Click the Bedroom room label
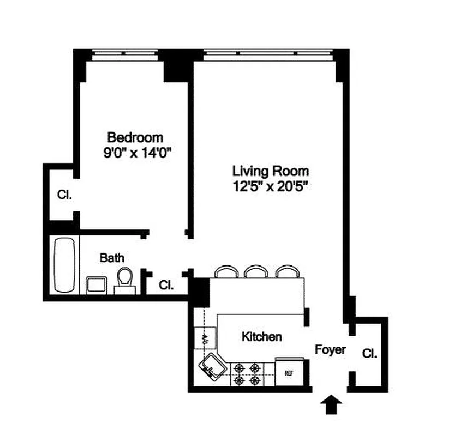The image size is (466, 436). click(135, 137)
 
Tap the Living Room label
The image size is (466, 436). click(271, 171)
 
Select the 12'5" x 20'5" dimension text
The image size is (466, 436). click(271, 186)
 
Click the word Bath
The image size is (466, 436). click(111, 257)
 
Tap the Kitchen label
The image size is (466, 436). click(262, 336)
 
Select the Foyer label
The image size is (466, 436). click(330, 349)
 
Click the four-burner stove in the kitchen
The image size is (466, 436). click(247, 374)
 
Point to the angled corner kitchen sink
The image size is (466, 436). click(212, 366)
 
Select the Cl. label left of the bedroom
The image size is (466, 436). click(64, 195)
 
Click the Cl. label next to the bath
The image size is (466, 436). click(166, 284)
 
